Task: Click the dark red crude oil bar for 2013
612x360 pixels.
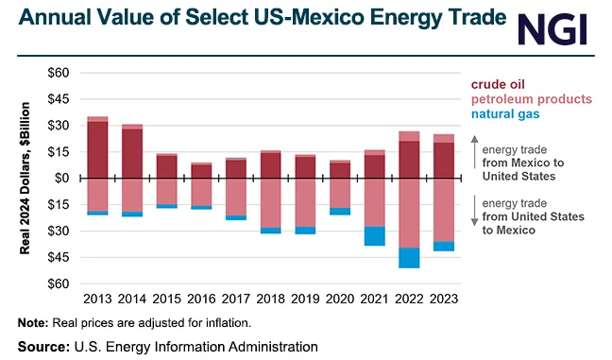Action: [97, 149]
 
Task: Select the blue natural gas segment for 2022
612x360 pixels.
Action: [409, 258]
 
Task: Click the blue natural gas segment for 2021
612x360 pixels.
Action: [375, 236]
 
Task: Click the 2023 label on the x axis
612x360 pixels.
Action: [443, 299]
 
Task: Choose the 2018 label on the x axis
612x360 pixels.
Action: [270, 299]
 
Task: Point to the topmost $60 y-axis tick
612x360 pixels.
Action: [58, 73]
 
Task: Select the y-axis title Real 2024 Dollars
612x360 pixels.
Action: [25, 177]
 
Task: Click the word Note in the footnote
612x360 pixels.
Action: [34, 323]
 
